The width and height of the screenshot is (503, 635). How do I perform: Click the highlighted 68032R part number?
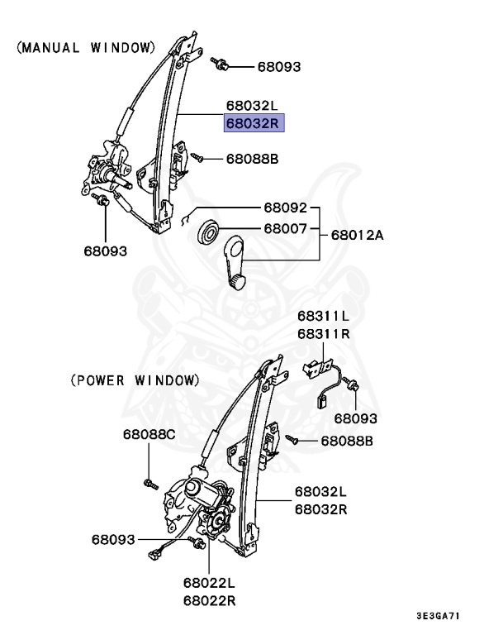click(254, 123)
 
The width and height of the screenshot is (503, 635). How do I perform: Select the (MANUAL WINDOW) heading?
click(86, 48)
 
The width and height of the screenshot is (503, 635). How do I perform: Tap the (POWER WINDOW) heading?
click(134, 380)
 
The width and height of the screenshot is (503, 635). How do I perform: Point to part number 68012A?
click(358, 235)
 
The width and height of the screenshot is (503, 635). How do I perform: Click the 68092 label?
click(286, 208)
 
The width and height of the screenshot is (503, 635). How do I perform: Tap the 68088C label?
click(149, 434)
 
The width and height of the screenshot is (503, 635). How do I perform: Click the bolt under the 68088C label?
click(149, 483)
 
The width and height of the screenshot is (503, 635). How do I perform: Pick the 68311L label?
click(324, 317)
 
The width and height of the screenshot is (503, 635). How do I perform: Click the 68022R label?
click(210, 600)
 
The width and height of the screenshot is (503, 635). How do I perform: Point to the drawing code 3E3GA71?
click(439, 616)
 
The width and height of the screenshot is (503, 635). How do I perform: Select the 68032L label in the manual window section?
click(254, 107)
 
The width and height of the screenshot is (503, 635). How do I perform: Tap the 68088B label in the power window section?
click(347, 442)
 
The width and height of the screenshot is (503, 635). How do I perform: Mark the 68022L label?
click(210, 584)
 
